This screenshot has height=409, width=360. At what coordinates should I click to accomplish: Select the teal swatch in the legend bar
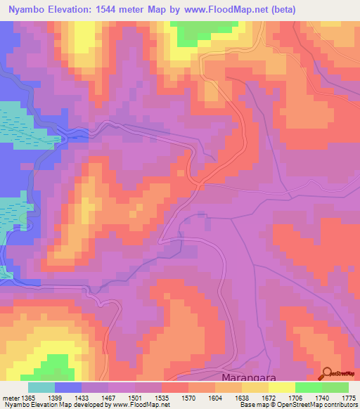(x=41, y=387)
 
